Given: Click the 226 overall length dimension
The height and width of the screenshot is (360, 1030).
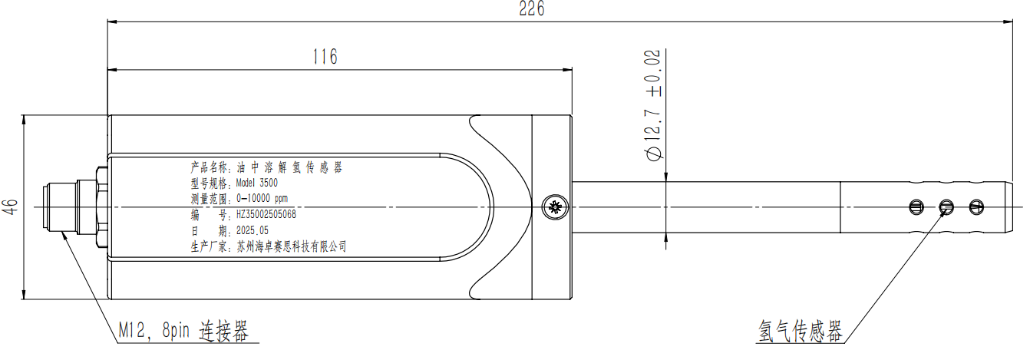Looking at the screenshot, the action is pos(532,8).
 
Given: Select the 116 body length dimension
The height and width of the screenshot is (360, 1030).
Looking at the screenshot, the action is pos(325,57).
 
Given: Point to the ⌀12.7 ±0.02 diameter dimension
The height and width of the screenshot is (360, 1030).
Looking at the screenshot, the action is pos(653,105).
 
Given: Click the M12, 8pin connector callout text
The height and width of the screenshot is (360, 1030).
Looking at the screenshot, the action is pos(183,331).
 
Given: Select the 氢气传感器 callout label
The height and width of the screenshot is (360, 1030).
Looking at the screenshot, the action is pos(800,331).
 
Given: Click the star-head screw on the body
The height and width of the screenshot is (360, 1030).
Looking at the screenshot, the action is pos(555,207).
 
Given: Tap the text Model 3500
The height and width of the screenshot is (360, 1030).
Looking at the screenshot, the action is pos(256,183).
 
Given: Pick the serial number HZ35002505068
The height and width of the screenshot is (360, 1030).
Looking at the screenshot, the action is pos(266,215).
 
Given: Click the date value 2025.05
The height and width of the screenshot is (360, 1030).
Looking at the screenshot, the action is pos(253,230).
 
